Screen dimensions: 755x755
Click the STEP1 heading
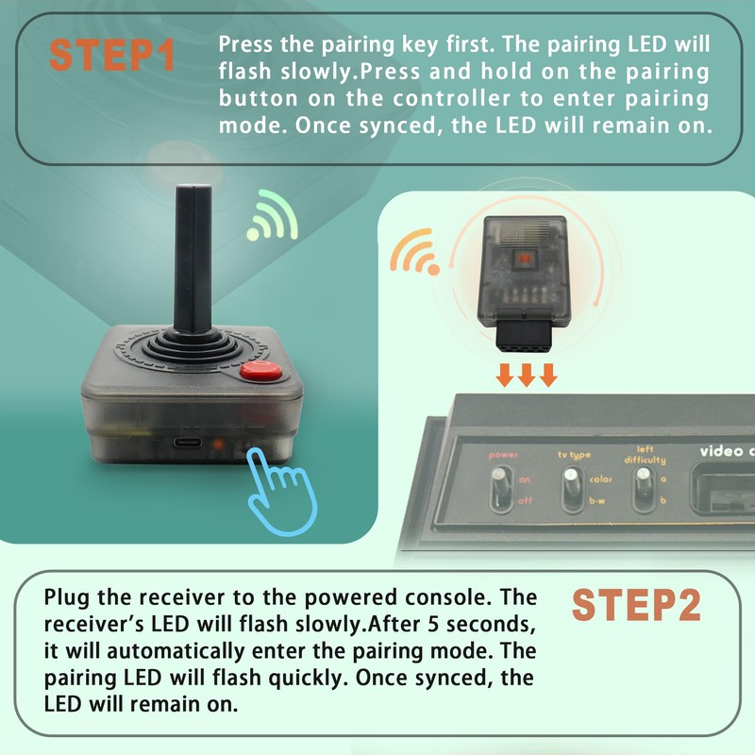(112, 55)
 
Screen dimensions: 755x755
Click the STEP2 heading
(637, 605)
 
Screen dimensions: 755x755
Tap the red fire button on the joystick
(262, 372)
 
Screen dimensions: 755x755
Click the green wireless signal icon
(273, 217)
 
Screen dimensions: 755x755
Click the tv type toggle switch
(570, 489)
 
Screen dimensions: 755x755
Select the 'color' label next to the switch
(601, 478)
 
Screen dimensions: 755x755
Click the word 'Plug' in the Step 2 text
(66, 597)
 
